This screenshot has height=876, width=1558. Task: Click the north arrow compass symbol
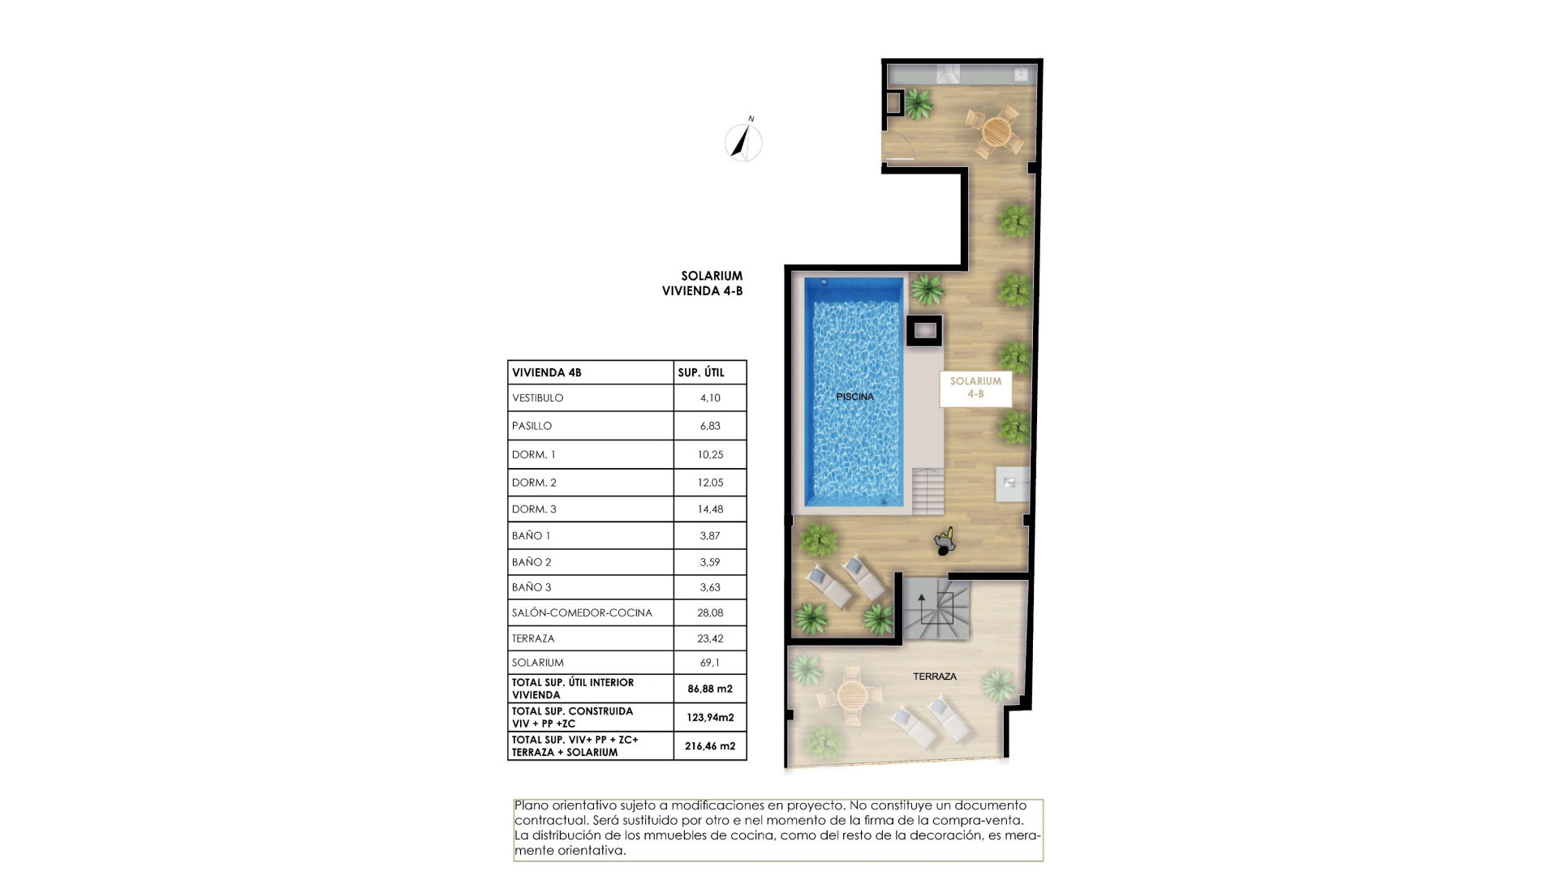(742, 143)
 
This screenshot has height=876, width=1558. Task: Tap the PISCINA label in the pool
(854, 397)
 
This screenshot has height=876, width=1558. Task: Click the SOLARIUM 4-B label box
(975, 388)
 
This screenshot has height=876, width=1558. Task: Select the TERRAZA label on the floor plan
(934, 676)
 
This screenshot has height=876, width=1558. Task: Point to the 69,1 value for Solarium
(709, 663)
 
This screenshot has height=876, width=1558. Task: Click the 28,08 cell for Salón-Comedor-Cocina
(709, 612)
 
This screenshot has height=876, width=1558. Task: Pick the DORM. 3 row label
(534, 509)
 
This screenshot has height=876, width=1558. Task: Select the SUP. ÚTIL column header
(700, 373)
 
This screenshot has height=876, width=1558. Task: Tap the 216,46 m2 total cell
(709, 745)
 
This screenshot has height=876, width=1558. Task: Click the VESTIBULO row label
(537, 398)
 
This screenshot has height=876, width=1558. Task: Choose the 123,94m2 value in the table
(709, 717)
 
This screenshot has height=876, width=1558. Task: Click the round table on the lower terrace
(851, 694)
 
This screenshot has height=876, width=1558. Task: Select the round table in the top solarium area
(996, 130)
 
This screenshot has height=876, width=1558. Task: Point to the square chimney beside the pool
(924, 331)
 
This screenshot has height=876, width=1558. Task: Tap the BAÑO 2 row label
(532, 562)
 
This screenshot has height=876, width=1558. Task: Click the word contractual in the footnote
(551, 820)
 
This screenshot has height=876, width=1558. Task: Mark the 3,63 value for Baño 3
(709, 587)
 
